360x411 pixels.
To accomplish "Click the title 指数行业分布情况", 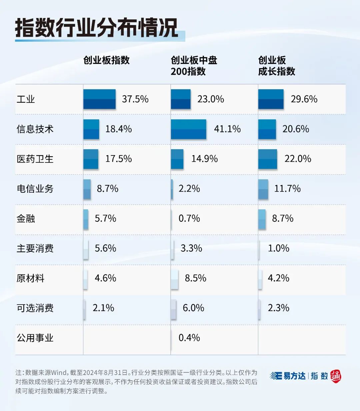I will coord(97,28).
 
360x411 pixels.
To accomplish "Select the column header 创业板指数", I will coord(106,60).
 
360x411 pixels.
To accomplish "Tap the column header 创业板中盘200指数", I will coord(194,66).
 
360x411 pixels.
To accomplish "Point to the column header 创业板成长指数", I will coord(276,66).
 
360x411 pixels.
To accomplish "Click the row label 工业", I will coord(26,99).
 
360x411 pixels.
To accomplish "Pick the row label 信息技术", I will coord(35,129).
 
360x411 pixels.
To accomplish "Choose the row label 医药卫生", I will coord(35,159).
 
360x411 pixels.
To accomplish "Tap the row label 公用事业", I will coord(35,338).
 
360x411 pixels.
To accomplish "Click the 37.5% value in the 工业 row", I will coord(135,99).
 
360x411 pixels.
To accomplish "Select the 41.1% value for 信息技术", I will coord(227,129).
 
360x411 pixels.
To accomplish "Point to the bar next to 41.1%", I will coord(188,129).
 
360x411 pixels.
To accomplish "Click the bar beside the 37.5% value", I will coord(99,99).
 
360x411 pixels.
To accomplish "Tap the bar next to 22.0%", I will coord(267,159).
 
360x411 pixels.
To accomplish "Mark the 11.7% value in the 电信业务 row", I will coord(287,189).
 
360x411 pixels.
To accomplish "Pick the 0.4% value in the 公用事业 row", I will coord(189,338).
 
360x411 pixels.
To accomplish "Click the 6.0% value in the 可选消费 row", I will coord(193,308).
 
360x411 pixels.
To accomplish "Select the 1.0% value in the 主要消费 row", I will coord(278,249).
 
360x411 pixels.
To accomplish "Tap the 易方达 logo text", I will coord(294,376).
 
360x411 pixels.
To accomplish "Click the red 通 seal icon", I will coord(336,376).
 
